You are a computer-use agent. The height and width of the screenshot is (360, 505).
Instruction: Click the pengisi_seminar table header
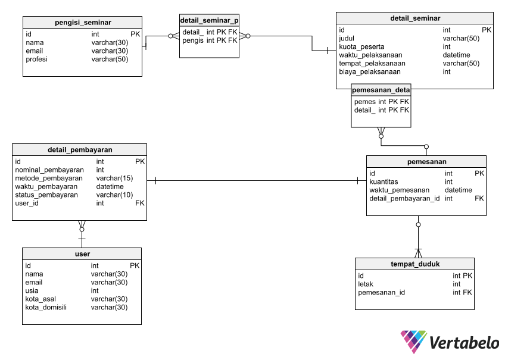(83, 23)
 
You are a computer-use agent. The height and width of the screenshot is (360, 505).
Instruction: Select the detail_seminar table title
(415, 18)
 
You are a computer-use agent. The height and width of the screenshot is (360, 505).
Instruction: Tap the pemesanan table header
(426, 161)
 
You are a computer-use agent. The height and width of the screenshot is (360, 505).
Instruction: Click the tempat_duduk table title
(415, 264)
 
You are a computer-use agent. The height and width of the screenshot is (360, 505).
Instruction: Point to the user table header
(82, 253)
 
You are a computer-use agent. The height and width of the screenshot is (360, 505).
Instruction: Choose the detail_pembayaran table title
(80, 149)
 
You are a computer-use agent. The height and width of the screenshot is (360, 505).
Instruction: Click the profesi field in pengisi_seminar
(36, 60)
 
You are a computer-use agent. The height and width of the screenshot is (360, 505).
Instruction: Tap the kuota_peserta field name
(361, 46)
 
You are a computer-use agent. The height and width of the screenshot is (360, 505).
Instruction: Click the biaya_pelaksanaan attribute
(369, 71)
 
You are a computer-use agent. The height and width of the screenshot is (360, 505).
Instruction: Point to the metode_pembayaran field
(49, 178)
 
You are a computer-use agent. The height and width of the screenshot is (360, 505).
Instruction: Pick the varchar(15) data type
(114, 178)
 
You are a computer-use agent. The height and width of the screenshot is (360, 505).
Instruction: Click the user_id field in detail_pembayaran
(27, 203)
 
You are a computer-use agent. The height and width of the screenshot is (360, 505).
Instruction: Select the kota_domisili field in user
(46, 307)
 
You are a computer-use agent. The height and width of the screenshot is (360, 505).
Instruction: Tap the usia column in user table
(32, 290)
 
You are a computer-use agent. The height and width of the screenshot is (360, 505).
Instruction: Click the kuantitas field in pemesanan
(384, 181)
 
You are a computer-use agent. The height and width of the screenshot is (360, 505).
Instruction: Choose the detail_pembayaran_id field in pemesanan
(404, 198)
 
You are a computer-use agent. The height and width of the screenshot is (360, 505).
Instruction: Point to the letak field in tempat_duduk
(365, 284)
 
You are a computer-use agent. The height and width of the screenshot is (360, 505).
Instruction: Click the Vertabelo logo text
(464, 343)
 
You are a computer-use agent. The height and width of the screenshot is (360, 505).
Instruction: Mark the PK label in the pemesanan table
(479, 173)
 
